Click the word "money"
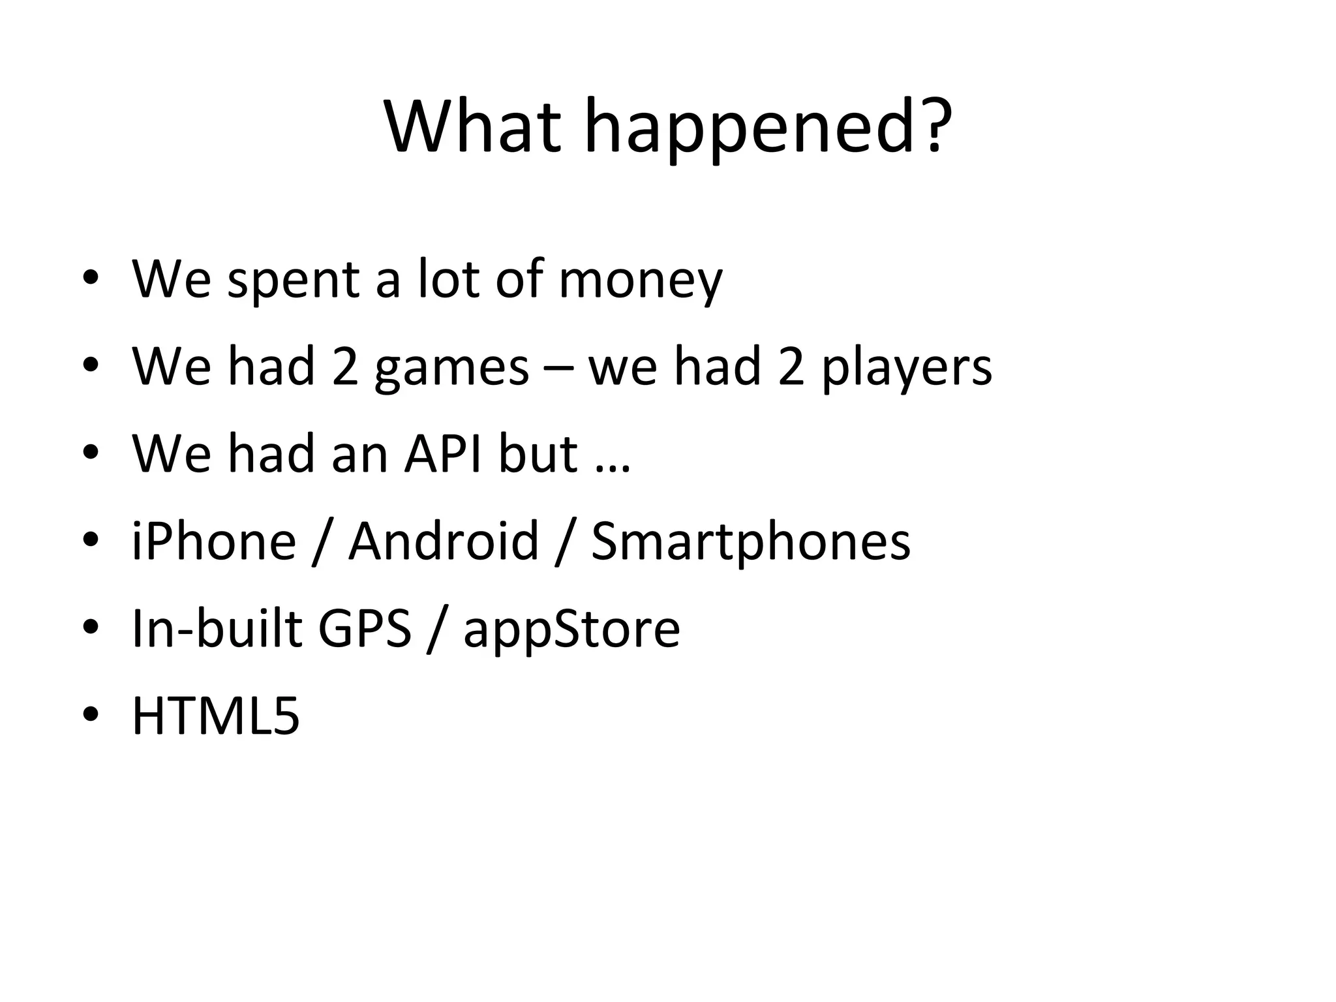pos(641,281)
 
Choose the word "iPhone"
pos(214,541)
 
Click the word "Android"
pos(444,541)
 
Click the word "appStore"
pos(571,630)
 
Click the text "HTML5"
pos(216,716)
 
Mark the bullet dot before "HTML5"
pos(91,714)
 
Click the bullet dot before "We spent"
pos(91,279)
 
